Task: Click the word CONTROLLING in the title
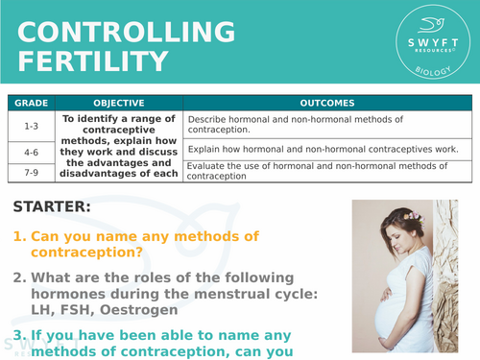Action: click(x=126, y=32)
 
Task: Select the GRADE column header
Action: click(x=31, y=103)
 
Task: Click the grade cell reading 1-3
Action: click(x=31, y=124)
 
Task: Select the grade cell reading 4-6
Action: click(x=31, y=150)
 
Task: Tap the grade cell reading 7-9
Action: click(x=31, y=170)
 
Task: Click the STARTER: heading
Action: click(x=52, y=206)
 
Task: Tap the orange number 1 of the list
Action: click(x=18, y=236)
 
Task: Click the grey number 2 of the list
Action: click(x=18, y=277)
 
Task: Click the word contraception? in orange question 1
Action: click(x=87, y=252)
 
